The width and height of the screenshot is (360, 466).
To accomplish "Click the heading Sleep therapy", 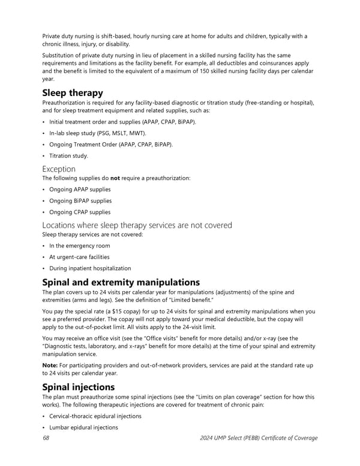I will point(73,93).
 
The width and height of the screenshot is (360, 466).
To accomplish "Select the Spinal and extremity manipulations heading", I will point(121,283).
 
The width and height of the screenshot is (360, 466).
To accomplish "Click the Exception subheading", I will point(59,169).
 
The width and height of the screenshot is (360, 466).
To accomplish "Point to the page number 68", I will point(46,438).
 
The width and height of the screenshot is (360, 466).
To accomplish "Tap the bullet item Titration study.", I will point(68,156).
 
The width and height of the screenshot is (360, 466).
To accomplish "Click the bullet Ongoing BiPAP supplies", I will point(80,201).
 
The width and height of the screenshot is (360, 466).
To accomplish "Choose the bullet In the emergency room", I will point(80,246).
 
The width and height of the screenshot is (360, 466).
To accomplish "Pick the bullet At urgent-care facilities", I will point(79,257).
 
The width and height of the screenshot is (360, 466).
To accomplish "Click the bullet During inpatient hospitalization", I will point(89,268).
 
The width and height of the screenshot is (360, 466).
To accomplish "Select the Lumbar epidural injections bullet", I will point(83,428).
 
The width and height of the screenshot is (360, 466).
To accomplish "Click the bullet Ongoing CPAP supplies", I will point(80,212).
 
